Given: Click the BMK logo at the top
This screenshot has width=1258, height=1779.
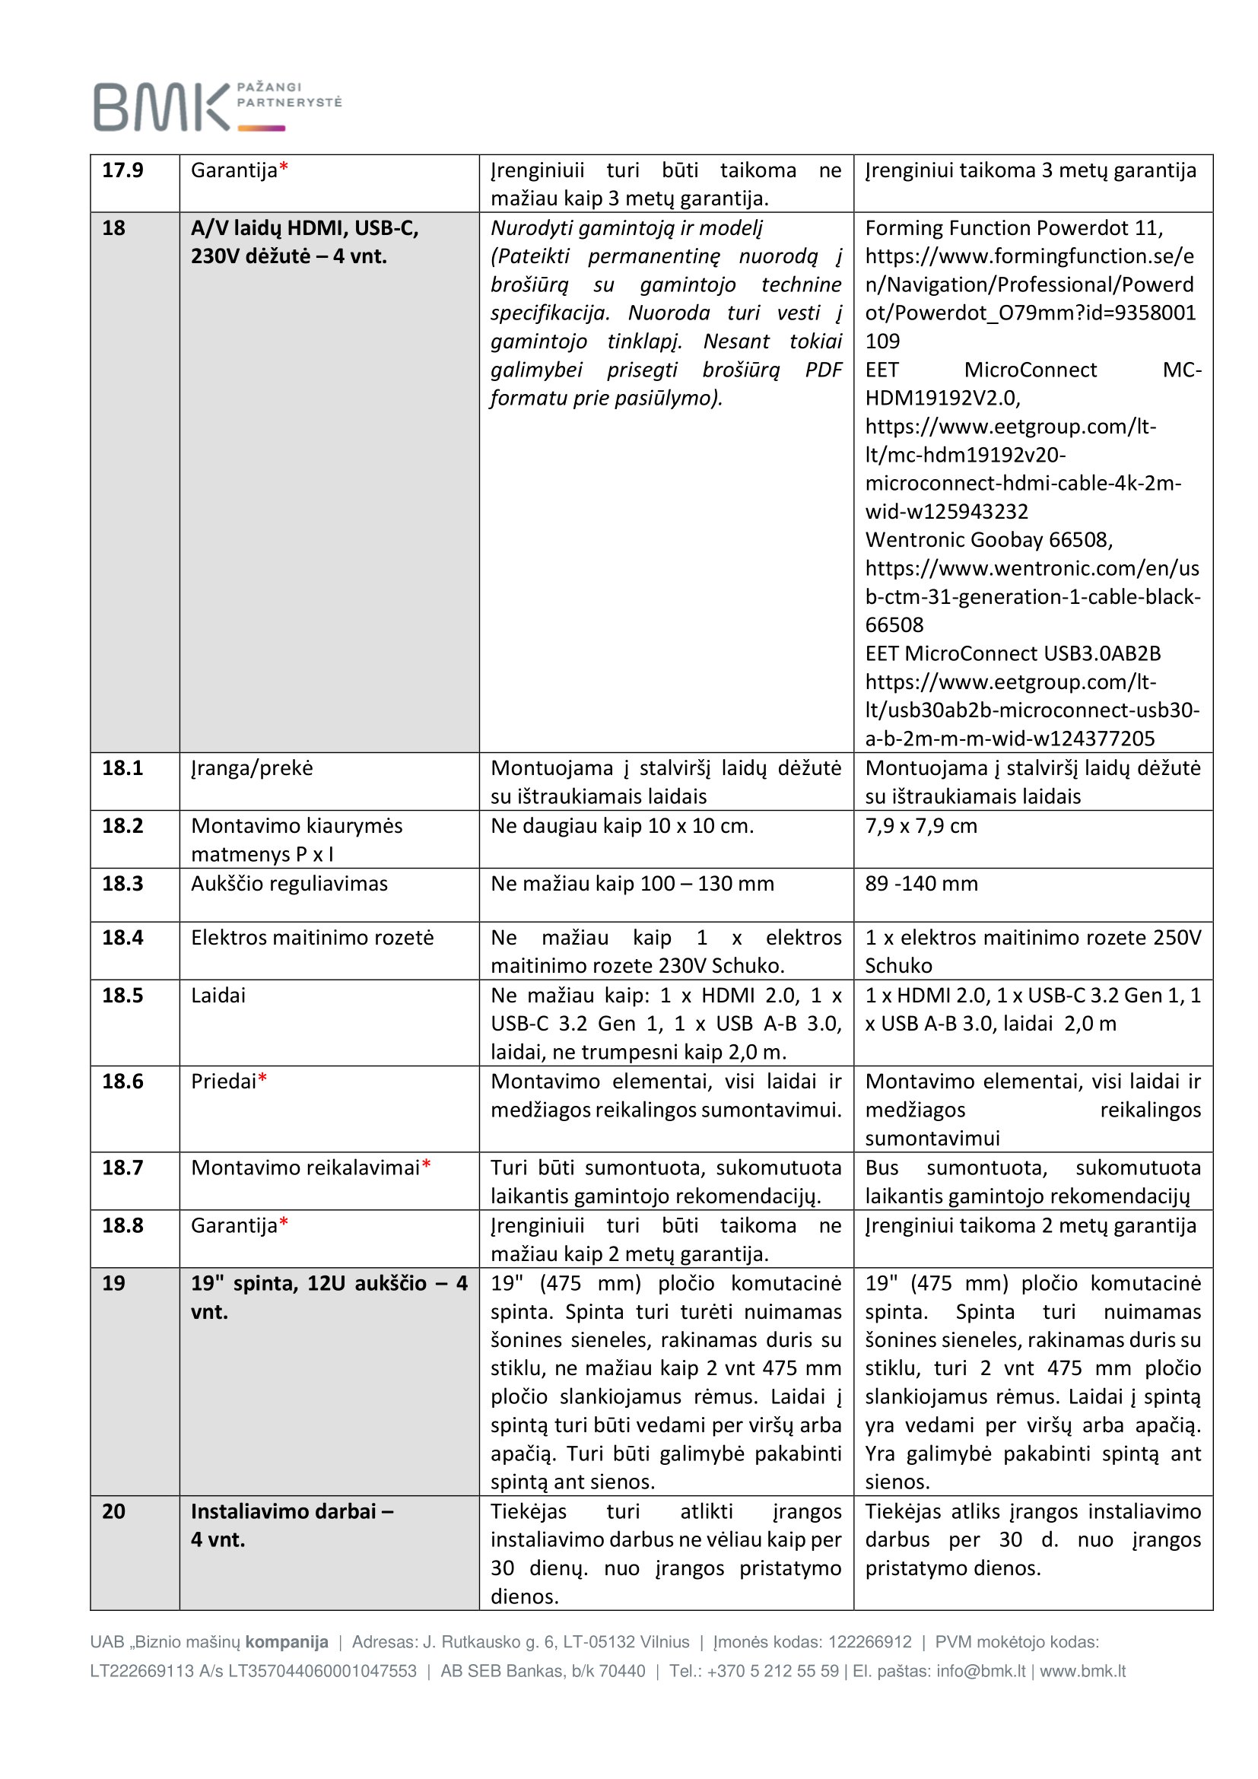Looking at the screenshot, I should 217,106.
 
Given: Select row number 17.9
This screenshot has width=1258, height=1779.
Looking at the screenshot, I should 122,170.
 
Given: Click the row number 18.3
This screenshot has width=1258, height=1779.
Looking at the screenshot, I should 122,883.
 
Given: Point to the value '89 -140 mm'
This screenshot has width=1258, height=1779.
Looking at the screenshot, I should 921,883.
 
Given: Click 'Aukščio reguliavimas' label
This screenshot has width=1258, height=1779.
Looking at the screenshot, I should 289,883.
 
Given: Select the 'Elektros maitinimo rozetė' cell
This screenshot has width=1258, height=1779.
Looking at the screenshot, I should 312,938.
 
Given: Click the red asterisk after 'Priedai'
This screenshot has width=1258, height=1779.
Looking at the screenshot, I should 262,1079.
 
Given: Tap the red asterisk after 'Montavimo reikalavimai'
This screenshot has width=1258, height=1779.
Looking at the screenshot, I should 426,1165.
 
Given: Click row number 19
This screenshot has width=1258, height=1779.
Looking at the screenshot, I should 113,1283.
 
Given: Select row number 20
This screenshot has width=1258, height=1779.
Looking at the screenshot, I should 113,1511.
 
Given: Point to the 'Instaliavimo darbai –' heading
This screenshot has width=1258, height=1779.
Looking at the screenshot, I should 292,1511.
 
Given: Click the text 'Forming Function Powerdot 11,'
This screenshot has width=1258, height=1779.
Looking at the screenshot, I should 1014,228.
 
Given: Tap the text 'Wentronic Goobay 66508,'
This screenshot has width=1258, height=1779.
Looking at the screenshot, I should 989,539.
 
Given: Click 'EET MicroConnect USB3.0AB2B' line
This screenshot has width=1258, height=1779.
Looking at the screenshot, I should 1012,653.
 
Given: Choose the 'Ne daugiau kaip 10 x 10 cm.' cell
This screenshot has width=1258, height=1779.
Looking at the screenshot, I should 622,826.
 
